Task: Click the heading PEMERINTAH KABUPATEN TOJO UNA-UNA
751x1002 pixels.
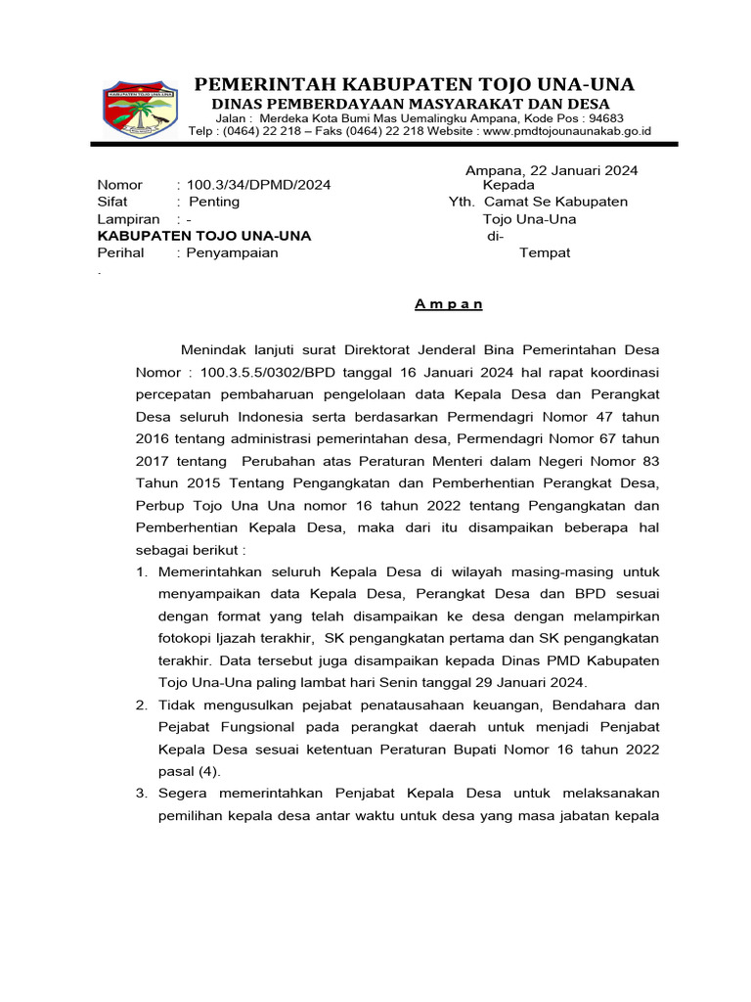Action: pos(413,84)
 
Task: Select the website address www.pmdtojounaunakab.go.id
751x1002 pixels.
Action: pos(567,131)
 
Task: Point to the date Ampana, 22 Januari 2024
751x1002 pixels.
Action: pos(552,170)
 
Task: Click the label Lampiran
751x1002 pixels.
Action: pos(128,219)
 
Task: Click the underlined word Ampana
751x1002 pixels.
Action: pos(449,303)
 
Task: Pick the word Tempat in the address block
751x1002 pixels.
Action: pos(545,252)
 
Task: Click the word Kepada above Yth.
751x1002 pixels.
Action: pos(508,185)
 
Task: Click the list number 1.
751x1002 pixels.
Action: pos(142,570)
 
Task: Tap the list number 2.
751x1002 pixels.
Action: pos(142,705)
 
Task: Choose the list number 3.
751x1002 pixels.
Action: pos(142,793)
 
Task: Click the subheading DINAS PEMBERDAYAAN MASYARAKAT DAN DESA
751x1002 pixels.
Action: pos(412,104)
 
